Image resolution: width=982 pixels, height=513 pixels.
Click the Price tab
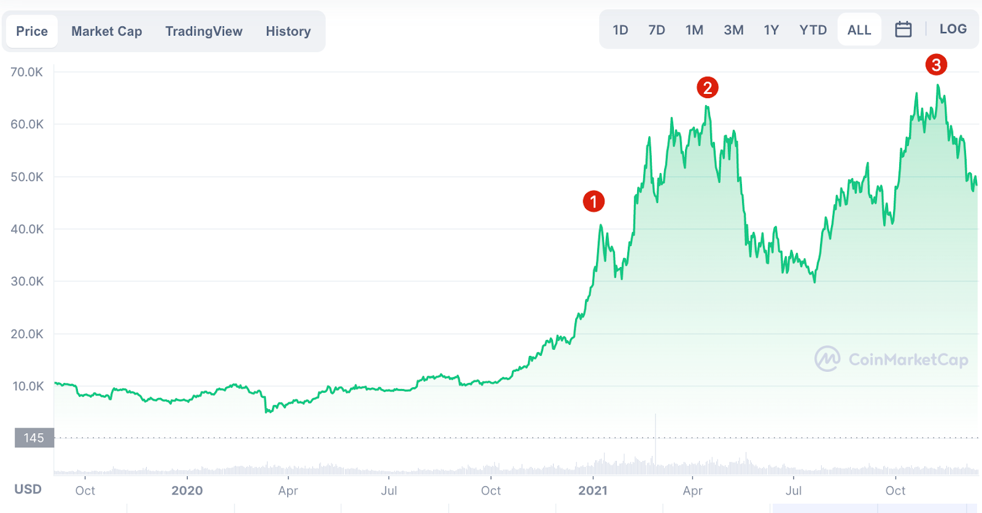point(32,31)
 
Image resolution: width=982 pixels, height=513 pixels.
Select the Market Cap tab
point(107,31)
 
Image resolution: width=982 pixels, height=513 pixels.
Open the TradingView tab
point(204,31)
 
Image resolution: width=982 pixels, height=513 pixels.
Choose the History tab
point(288,31)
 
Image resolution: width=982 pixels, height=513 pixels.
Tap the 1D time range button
point(621,30)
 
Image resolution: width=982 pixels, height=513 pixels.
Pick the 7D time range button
point(657,30)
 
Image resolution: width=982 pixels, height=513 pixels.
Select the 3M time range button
point(733,30)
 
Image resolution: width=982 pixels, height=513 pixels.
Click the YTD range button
point(813,30)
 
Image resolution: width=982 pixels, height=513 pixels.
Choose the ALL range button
point(859,30)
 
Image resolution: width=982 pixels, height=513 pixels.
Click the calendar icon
point(903,29)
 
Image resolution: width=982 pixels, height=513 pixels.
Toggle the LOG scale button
point(953,29)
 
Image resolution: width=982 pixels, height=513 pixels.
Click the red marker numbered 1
point(593,201)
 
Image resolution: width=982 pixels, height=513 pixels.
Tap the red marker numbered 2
point(708,88)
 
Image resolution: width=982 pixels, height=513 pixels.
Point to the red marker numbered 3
point(936,64)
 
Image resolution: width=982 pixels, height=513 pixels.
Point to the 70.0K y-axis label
point(27,72)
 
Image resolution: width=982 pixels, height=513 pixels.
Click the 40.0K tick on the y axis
point(27,229)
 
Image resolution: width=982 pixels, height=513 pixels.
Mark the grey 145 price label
point(34,438)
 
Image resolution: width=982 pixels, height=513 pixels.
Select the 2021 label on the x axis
point(593,491)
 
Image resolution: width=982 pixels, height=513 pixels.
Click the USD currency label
point(28,489)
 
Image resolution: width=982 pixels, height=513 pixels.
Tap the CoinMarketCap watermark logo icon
point(827,359)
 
